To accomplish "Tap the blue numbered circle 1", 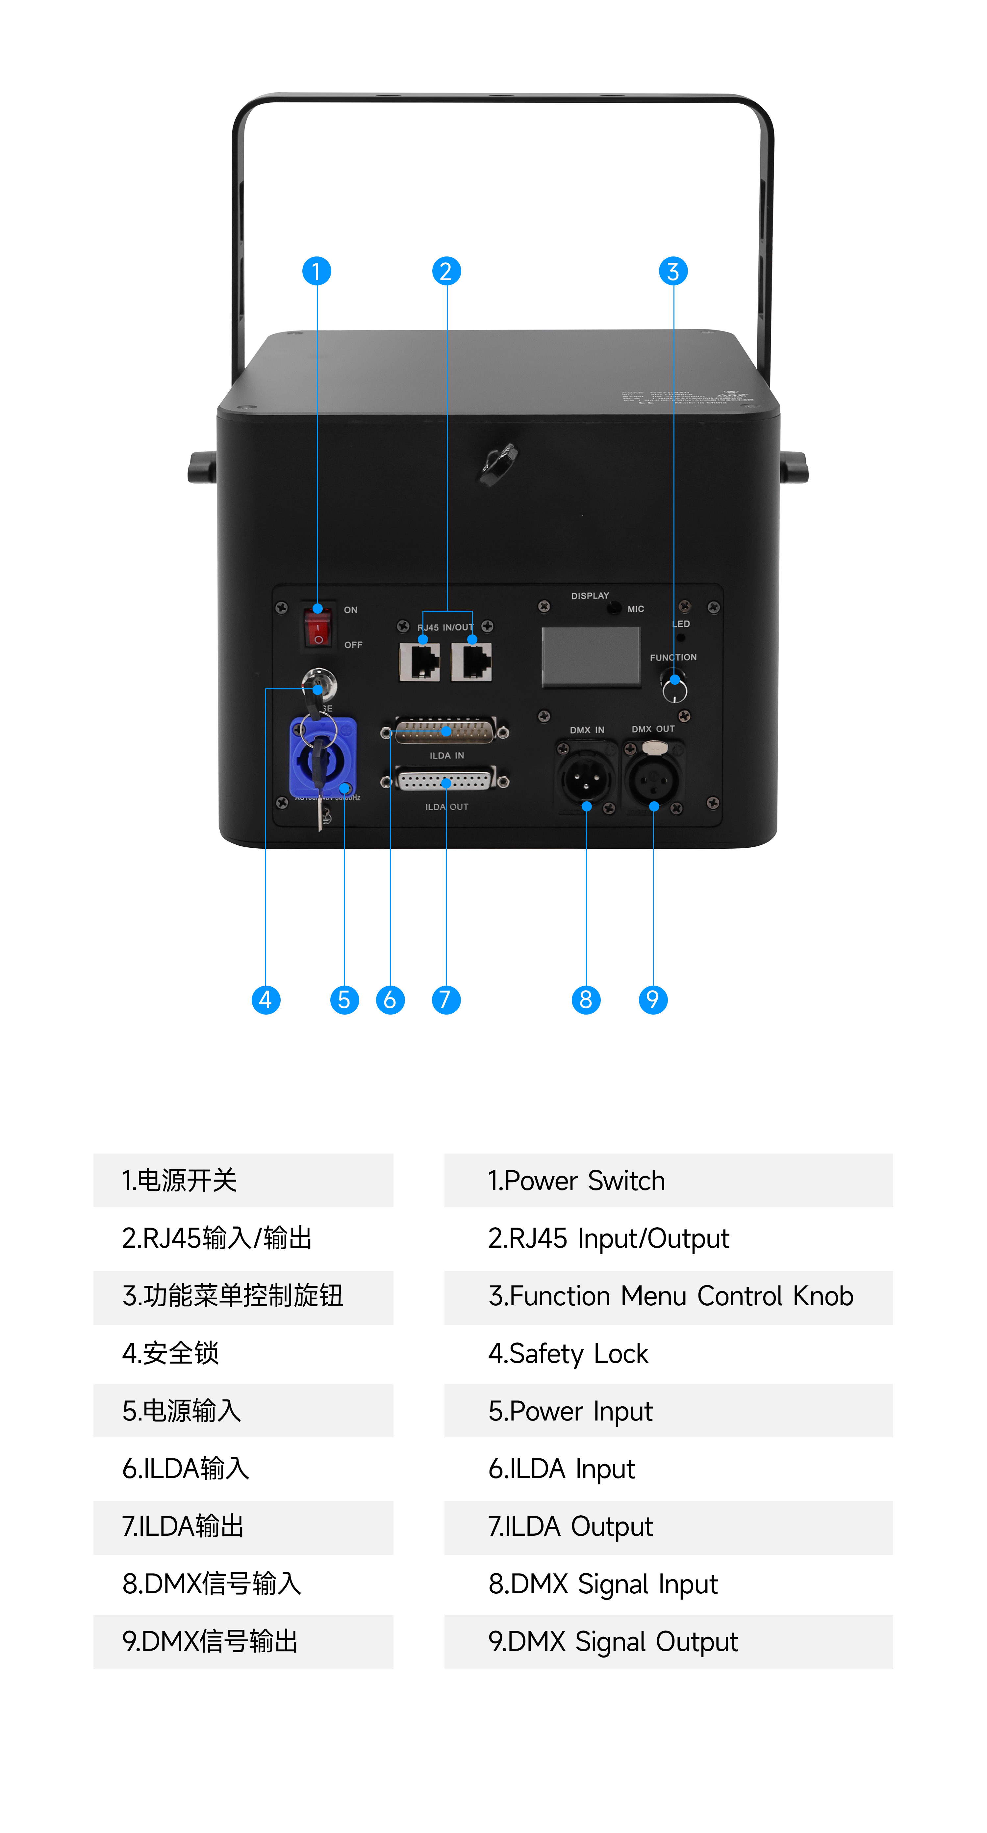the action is tap(316, 271).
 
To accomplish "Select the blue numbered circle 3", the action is tap(673, 271).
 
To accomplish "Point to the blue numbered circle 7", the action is tap(446, 1000).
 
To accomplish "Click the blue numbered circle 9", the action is tap(653, 1000).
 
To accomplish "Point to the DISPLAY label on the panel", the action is tap(590, 596).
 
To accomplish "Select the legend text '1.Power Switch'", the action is tap(576, 1181).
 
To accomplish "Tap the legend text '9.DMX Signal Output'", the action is tap(613, 1642).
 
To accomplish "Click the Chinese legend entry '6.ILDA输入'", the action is tap(186, 1469).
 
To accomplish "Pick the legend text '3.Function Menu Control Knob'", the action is tap(671, 1296).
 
